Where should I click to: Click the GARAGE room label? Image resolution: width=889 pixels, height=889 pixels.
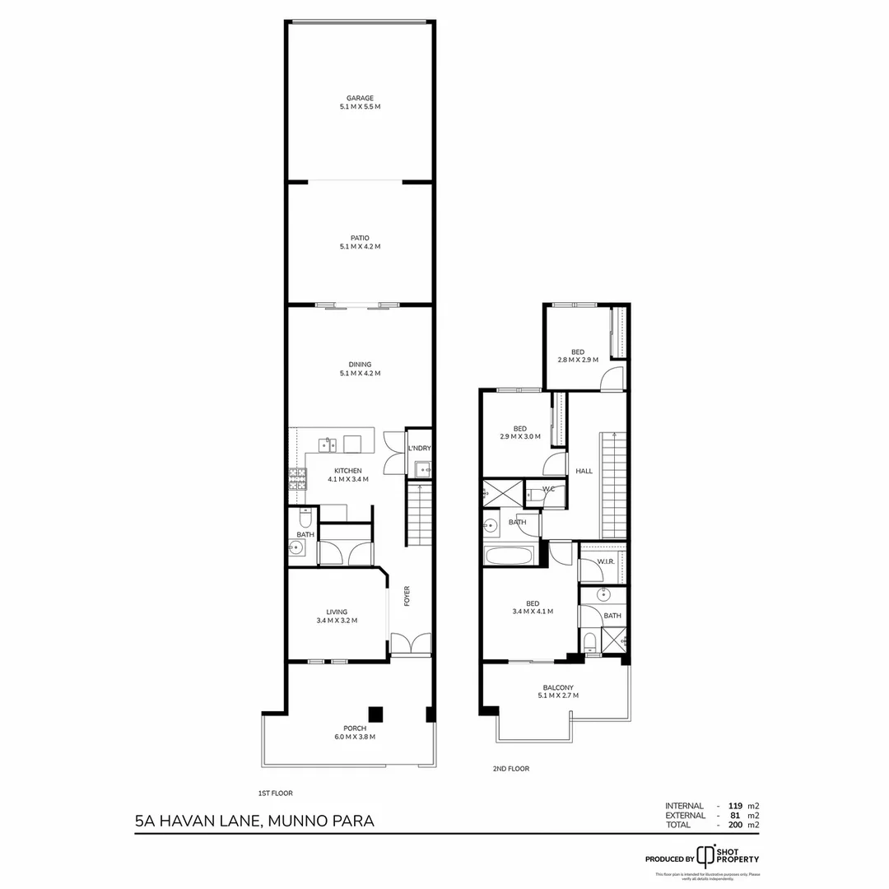[360, 102]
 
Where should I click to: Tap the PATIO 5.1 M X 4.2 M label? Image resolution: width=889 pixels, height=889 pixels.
[360, 242]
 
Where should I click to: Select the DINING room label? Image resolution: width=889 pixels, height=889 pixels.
[360, 369]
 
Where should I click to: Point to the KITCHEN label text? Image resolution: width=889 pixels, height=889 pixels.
[348, 471]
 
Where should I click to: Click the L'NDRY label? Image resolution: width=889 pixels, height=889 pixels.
[420, 449]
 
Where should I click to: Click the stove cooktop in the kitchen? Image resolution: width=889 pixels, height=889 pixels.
[297, 480]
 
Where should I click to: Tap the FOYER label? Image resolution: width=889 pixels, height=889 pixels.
[407, 596]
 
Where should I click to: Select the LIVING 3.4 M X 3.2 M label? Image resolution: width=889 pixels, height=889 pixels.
[337, 617]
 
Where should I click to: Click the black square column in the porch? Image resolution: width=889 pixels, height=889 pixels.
[375, 714]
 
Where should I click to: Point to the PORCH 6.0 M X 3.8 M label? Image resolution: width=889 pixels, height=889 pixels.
[354, 733]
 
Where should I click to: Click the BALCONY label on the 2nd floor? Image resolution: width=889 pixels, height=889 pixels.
[558, 691]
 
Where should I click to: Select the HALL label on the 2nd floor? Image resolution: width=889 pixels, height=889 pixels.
[584, 471]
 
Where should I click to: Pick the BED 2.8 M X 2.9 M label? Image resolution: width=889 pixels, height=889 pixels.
[577, 356]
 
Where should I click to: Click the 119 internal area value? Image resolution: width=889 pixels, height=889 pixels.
[724, 806]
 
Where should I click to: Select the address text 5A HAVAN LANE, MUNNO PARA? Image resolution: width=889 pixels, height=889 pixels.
[254, 821]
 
